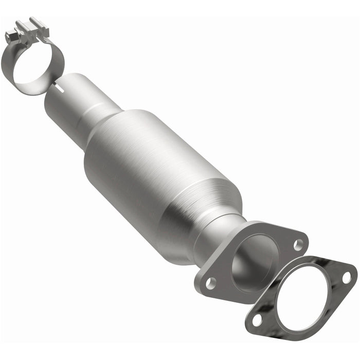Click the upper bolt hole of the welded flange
[x=298, y=245]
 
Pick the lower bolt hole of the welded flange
[x=211, y=282]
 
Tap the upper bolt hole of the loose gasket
[x=347, y=278]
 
